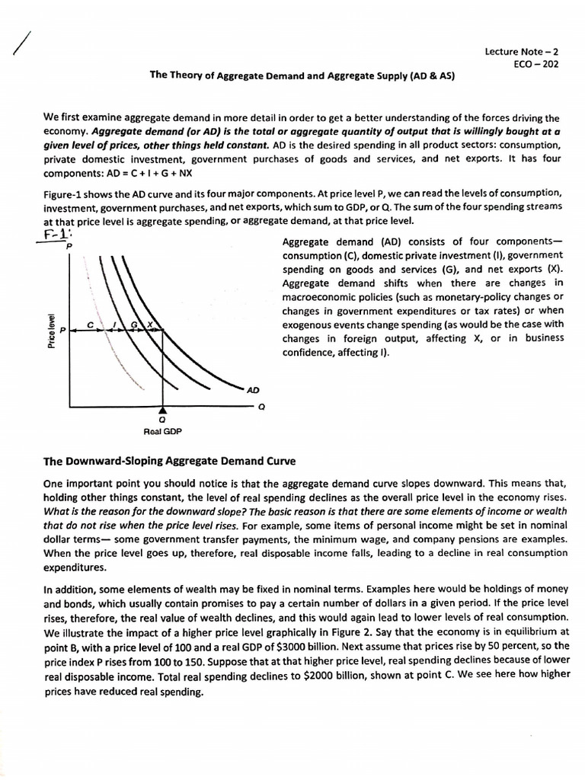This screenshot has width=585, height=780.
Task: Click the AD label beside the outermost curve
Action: (x=253, y=389)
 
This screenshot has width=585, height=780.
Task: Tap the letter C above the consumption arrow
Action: (x=89, y=324)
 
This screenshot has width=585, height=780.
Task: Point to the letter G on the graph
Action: (x=133, y=325)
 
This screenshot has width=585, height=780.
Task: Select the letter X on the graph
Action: (x=150, y=325)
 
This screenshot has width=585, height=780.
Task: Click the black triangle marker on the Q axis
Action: (x=161, y=411)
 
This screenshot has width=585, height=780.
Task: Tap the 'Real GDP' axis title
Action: (x=161, y=431)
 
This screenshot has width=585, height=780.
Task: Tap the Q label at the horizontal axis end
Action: (x=262, y=407)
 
